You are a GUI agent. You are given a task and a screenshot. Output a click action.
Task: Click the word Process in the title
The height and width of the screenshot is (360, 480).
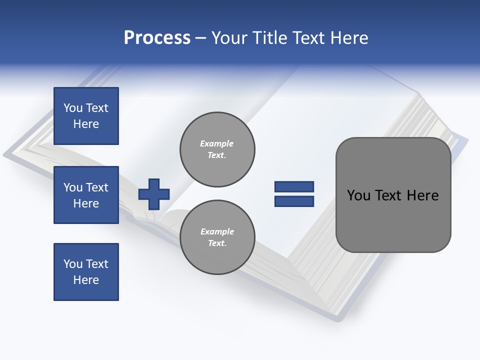click(x=157, y=38)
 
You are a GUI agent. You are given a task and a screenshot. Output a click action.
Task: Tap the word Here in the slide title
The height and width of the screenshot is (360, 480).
click(x=348, y=38)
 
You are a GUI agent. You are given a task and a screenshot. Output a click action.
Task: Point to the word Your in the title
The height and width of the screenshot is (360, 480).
click(x=230, y=38)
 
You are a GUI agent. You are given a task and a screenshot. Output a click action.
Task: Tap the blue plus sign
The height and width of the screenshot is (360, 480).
click(x=154, y=193)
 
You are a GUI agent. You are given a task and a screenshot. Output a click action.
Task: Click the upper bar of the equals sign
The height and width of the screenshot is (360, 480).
click(x=294, y=186)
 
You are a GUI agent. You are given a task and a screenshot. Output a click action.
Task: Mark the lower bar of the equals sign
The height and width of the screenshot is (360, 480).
click(x=294, y=201)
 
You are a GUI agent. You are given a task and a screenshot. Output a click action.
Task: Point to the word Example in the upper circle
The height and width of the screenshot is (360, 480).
click(x=217, y=143)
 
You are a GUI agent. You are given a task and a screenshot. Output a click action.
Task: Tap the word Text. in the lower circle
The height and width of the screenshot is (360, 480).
click(x=217, y=243)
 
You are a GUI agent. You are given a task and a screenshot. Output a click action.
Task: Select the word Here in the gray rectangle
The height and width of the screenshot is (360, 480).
click(x=422, y=195)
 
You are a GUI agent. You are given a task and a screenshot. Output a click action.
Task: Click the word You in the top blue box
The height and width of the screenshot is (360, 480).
click(x=73, y=108)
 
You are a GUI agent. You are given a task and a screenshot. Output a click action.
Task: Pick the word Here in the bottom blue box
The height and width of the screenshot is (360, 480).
click(x=86, y=280)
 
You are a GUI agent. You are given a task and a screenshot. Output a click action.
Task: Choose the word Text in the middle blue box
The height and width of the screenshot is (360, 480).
click(x=97, y=187)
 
